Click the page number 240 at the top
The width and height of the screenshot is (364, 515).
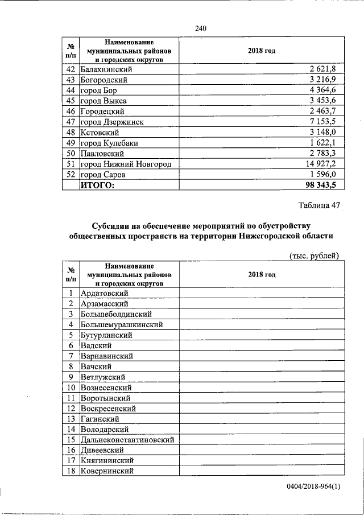click(200, 28)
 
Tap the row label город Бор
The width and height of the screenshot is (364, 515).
click(98, 90)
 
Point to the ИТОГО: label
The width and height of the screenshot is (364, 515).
click(97, 185)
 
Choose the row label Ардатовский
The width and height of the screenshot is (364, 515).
click(105, 293)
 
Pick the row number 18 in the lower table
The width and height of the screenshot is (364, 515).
click(71, 471)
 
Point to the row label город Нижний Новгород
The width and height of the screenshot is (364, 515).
click(126, 164)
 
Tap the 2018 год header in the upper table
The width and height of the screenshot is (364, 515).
click(262, 51)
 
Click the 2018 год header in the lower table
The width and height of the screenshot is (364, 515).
click(262, 275)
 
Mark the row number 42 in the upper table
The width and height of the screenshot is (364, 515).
click(71, 69)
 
